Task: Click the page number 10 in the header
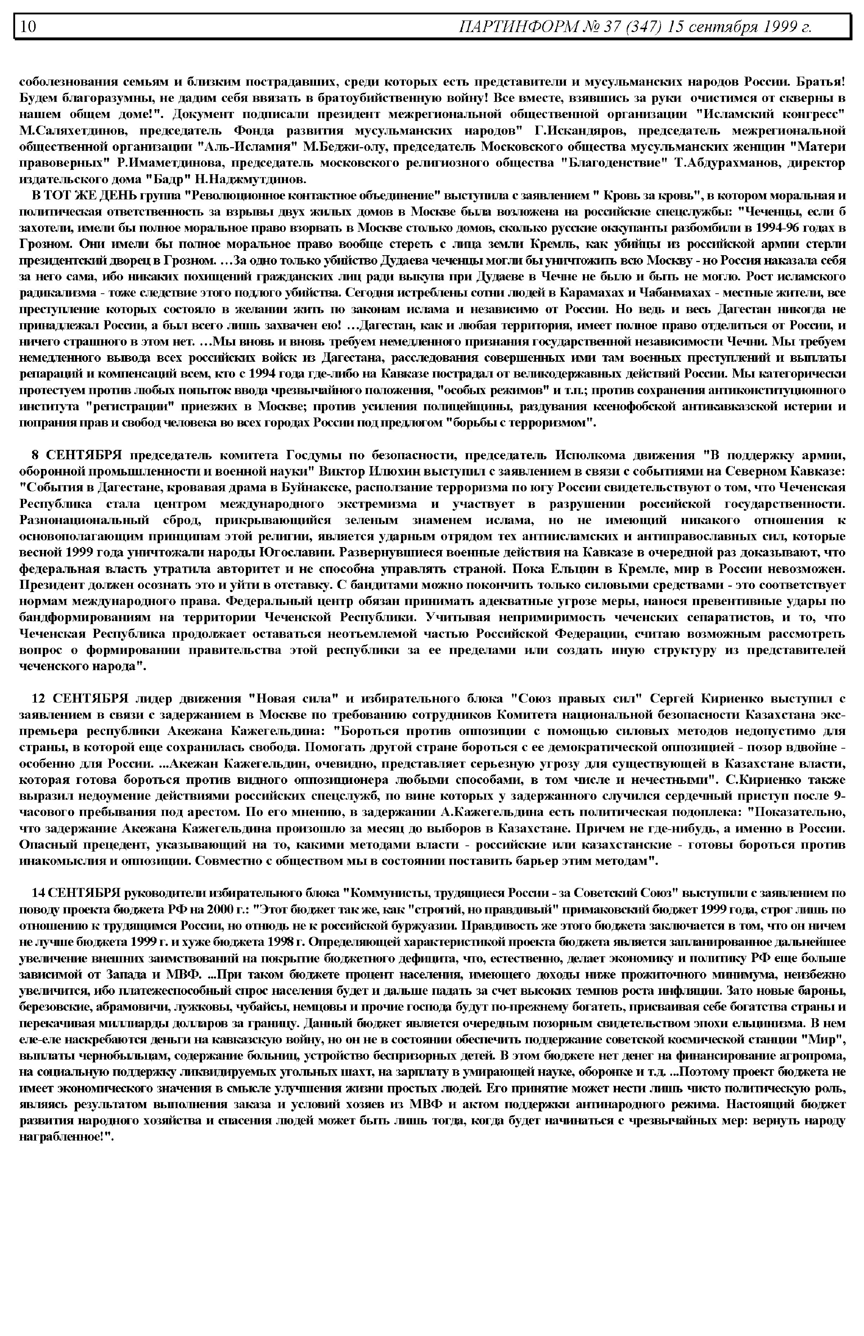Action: [28, 26]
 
